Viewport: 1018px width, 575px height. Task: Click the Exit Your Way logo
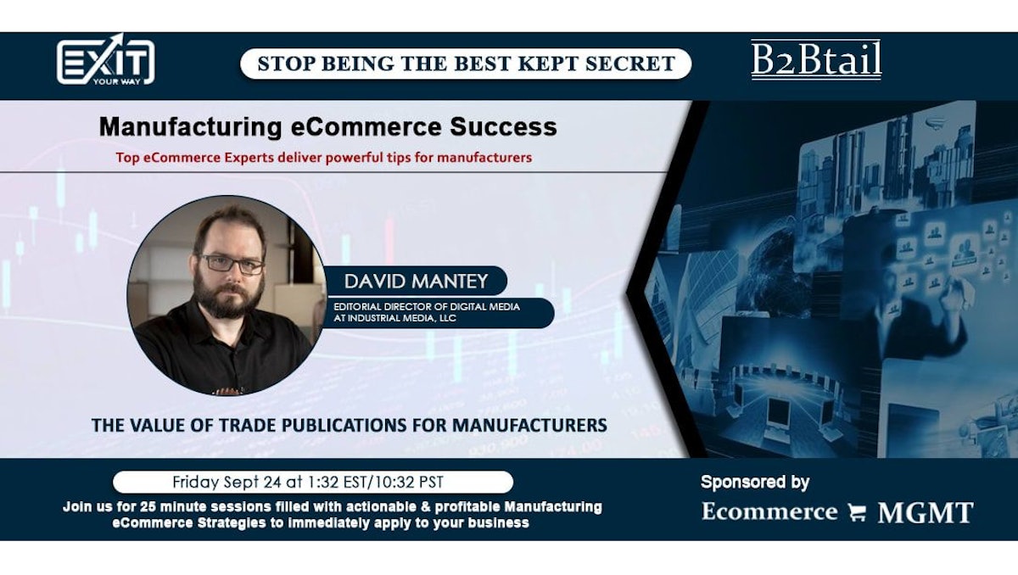point(105,60)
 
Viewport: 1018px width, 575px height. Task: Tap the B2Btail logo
point(816,60)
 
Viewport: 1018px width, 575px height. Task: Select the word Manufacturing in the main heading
point(190,127)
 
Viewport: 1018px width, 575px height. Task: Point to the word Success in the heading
point(503,126)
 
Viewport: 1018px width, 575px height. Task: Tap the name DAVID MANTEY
point(416,282)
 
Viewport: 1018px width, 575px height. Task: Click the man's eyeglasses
point(232,264)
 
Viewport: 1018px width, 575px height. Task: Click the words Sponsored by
point(755,483)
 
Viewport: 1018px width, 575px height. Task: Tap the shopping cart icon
point(857,512)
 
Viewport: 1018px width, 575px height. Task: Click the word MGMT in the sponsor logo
point(926,512)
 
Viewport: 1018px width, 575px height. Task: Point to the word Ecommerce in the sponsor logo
point(769,511)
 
